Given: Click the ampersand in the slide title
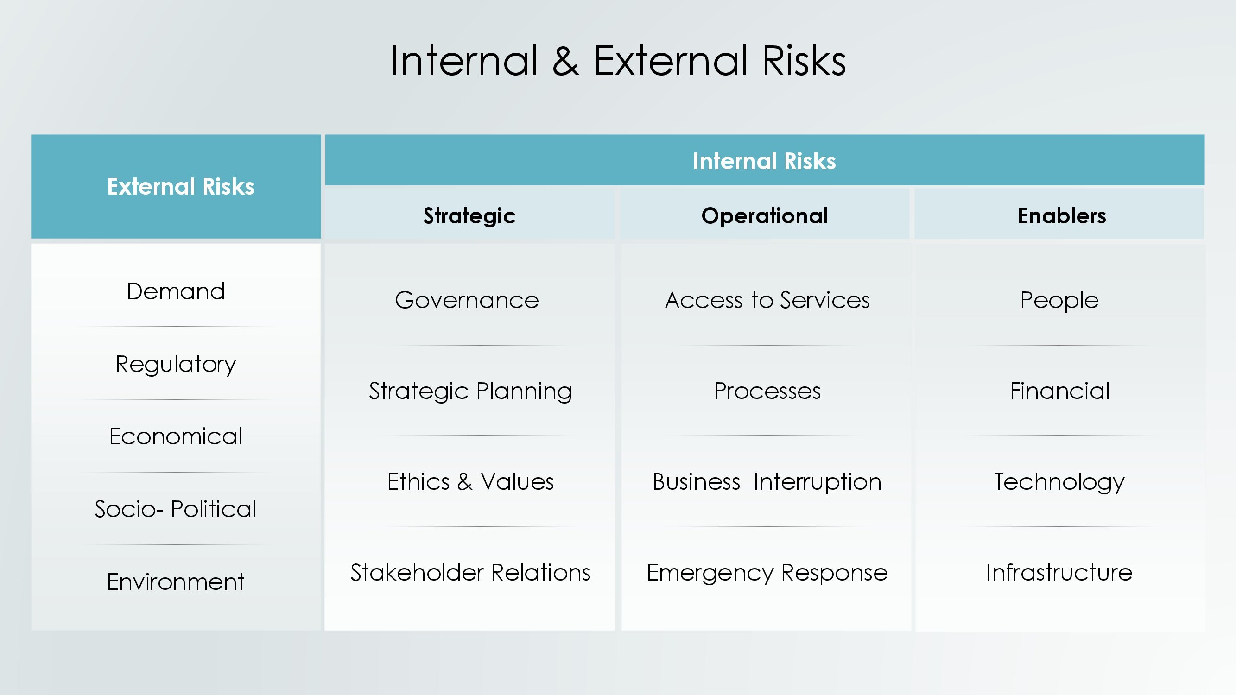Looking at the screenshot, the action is click(566, 61).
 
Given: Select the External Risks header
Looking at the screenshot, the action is click(180, 187).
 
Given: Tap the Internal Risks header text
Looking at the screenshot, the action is click(764, 161).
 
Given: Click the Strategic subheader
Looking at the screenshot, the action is click(469, 216).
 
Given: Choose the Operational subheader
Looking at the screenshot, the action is click(764, 216).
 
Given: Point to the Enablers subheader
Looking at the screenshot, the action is click(1062, 216).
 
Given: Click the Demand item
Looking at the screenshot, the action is click(176, 291).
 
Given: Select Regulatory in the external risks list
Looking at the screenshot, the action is click(176, 365).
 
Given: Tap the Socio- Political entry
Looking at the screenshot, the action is click(176, 509).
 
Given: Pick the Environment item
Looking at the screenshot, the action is click(176, 582).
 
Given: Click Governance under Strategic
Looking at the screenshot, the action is click(467, 301).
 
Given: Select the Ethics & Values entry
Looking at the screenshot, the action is click(470, 481).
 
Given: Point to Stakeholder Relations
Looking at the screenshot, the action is click(470, 573).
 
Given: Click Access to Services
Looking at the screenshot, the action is click(767, 301).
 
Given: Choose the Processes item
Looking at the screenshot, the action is click(767, 391).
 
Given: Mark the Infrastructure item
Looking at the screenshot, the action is click(1059, 573).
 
